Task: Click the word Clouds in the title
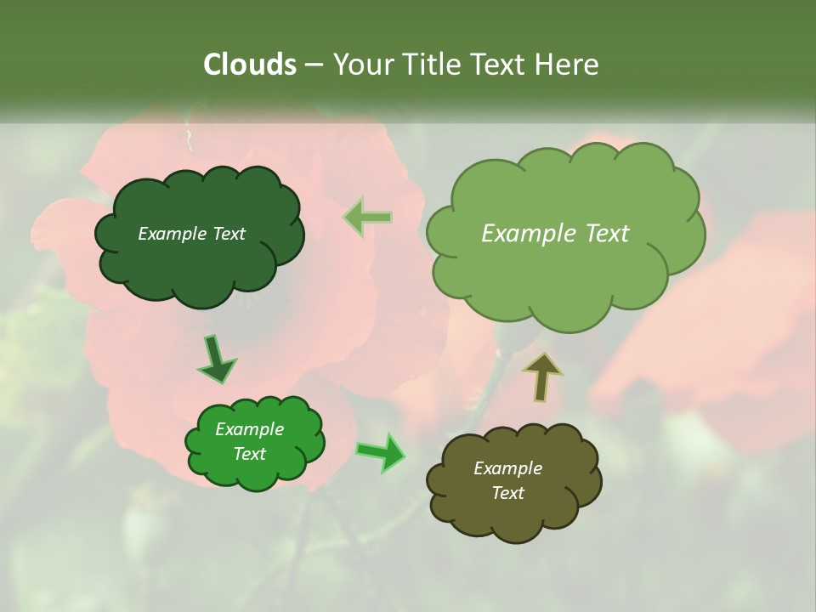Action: click(x=250, y=65)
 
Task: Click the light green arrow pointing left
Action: click(x=368, y=218)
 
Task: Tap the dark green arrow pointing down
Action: click(x=216, y=360)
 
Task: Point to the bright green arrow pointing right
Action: click(x=381, y=452)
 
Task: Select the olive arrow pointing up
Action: click(x=542, y=377)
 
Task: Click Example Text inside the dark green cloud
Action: click(x=191, y=234)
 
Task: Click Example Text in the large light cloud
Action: click(x=555, y=234)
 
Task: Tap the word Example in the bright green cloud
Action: click(x=249, y=429)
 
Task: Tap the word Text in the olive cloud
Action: click(x=507, y=493)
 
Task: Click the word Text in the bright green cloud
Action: click(x=249, y=454)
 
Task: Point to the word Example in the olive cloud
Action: click(x=507, y=468)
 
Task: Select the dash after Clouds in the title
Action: click(x=313, y=65)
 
